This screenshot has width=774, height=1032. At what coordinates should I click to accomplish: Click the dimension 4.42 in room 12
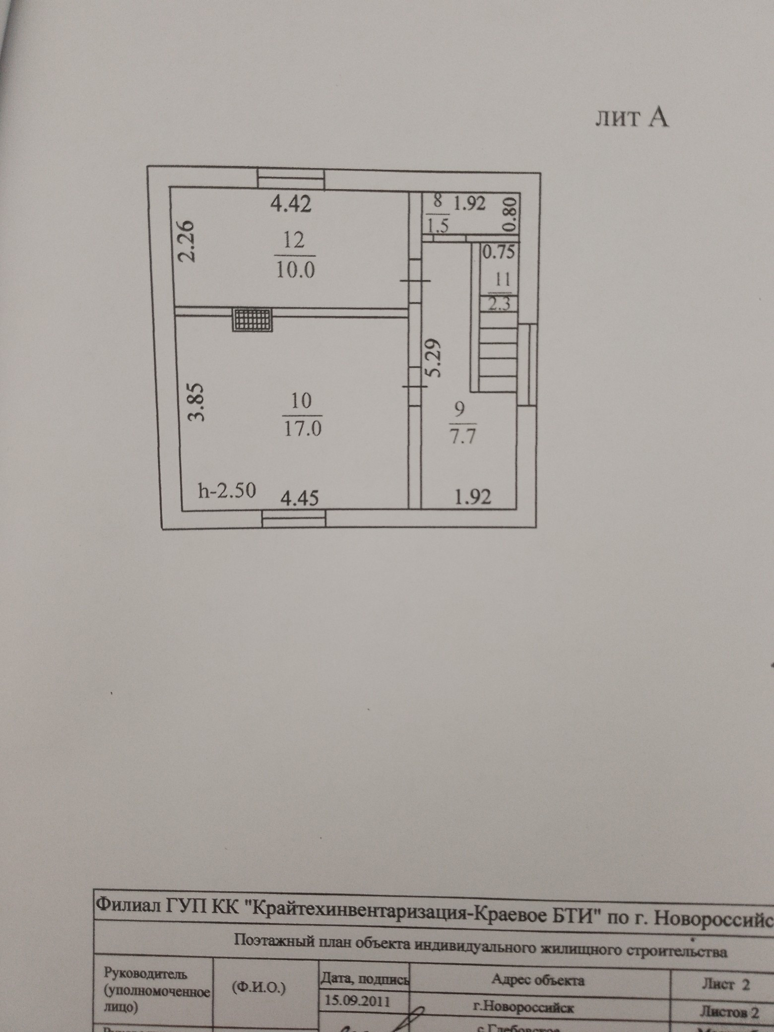pos(291,204)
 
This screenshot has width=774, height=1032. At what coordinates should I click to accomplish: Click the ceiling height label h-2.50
pos(227,491)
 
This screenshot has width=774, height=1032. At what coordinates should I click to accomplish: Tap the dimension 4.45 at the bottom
pos(299,497)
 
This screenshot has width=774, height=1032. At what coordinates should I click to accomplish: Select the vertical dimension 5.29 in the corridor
pos(433,358)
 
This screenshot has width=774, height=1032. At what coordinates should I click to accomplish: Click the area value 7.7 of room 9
pos(462,437)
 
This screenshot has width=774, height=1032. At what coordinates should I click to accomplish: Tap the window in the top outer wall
pos(291,179)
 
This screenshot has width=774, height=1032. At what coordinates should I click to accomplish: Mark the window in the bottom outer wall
pos(294,519)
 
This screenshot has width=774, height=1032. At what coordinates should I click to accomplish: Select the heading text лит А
pos(632,119)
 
